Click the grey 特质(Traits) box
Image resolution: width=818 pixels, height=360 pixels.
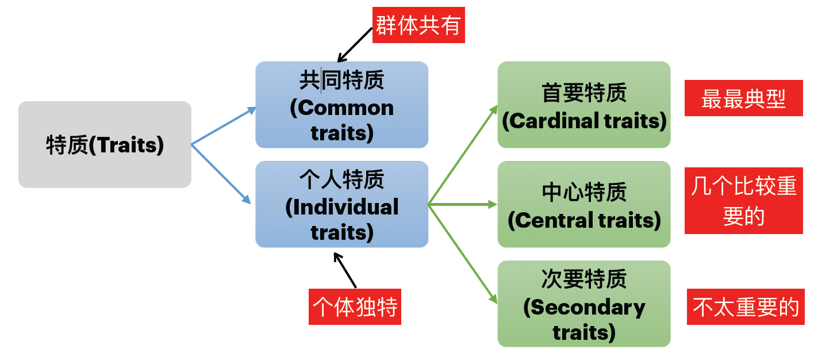point(105,144)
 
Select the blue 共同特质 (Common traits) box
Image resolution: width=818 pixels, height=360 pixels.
point(341,105)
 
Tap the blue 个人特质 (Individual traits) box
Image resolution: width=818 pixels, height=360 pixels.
point(341,204)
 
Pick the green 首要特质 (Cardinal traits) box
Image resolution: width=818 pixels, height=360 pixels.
point(584,105)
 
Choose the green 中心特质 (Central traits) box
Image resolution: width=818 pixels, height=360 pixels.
point(584,204)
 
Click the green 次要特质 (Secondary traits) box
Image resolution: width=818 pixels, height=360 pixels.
point(584,304)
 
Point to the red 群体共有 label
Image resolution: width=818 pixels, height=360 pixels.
point(418,26)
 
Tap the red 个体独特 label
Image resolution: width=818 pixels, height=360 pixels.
point(355,307)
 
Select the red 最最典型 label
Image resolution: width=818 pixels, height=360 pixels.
point(743,98)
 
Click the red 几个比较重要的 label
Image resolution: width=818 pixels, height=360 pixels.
point(743,201)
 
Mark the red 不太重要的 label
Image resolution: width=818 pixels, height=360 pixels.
point(746,307)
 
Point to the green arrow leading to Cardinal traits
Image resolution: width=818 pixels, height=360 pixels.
point(463,155)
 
